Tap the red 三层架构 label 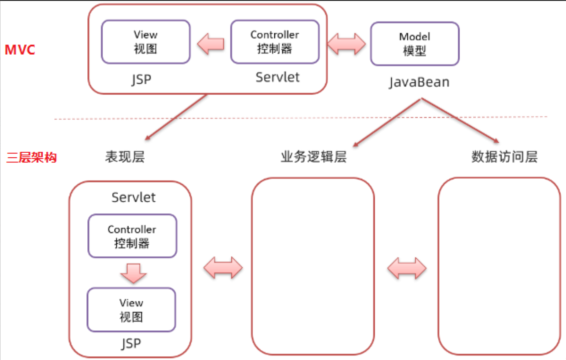click(31, 157)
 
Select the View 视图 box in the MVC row click(145, 41)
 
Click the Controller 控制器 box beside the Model click(274, 41)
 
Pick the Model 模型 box click(414, 44)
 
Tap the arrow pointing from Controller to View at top click(211, 42)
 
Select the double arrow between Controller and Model click(345, 42)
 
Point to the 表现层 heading click(124, 157)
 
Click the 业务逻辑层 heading click(313, 157)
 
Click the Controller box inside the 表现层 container click(131, 236)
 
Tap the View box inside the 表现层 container click(131, 309)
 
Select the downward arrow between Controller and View click(131, 272)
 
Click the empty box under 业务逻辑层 click(312, 266)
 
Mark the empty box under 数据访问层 click(498, 266)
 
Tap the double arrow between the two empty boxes click(406, 266)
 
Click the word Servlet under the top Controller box click(277, 78)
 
